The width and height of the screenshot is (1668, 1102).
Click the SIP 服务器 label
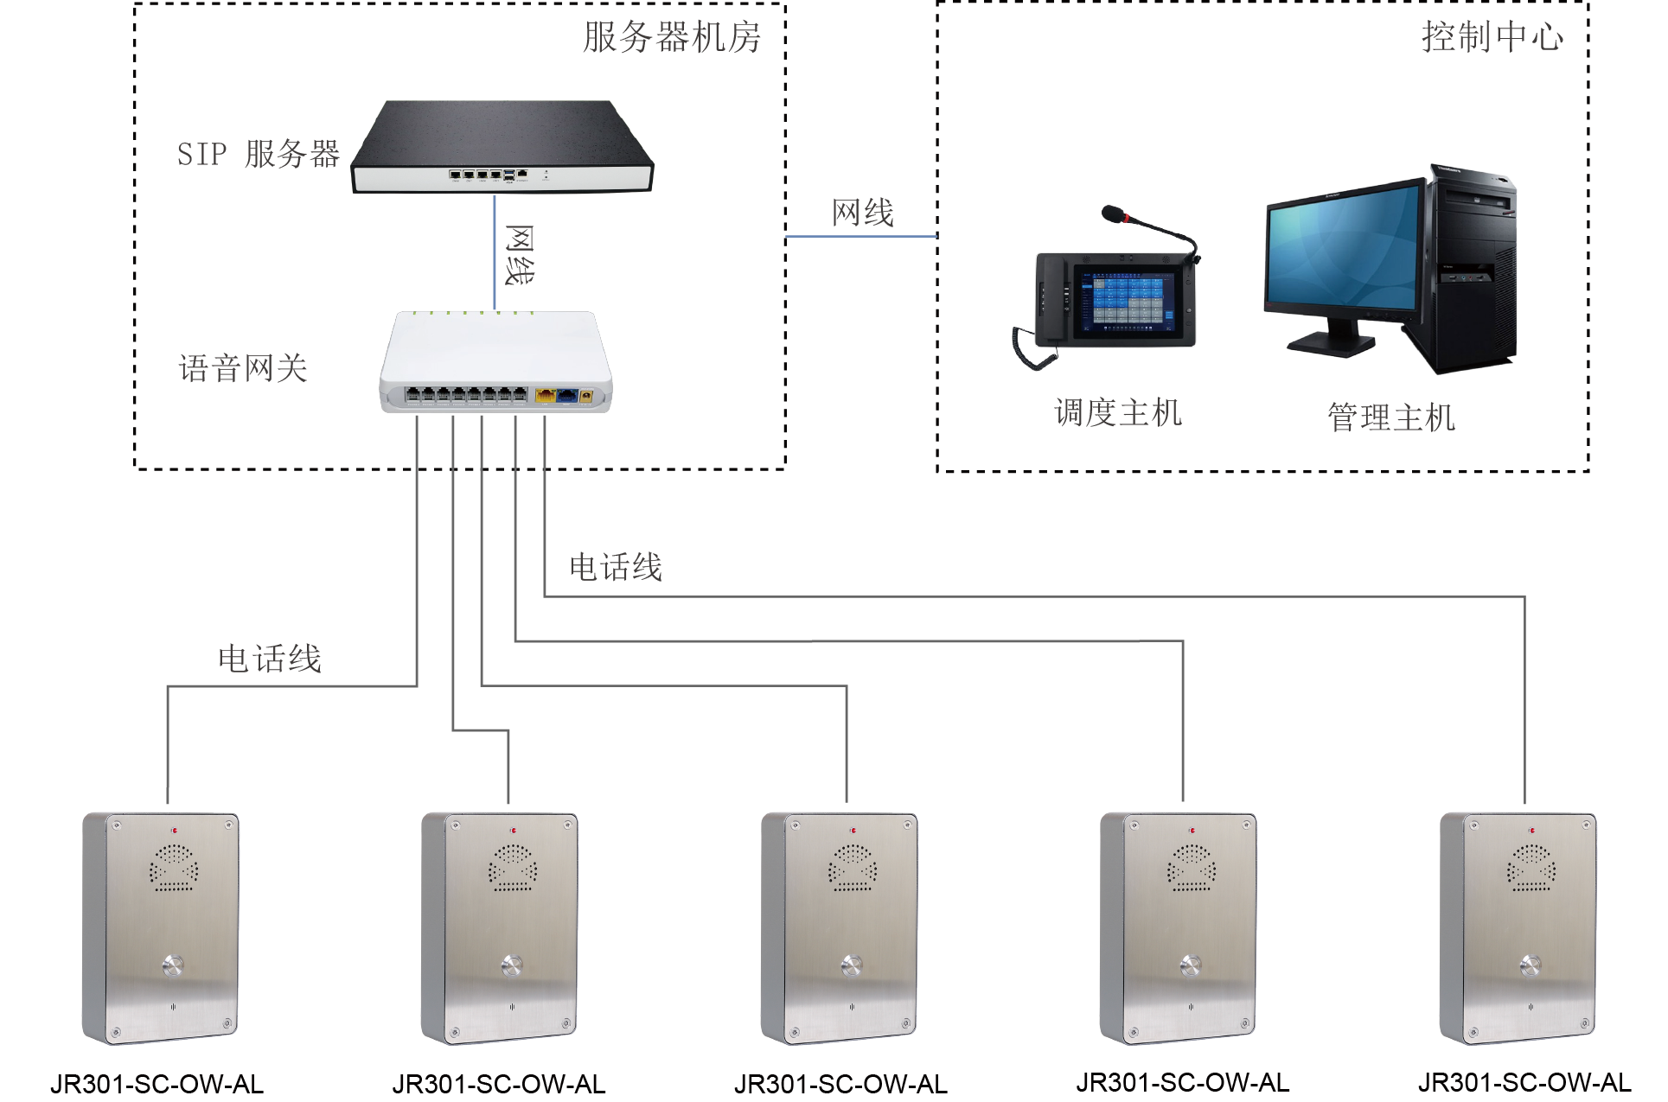pyautogui.click(x=258, y=154)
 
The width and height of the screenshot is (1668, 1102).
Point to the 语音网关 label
pyautogui.click(x=243, y=369)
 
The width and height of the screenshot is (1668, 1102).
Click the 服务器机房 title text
pyautogui.click(x=671, y=37)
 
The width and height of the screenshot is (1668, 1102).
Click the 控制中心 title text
pyautogui.click(x=1492, y=37)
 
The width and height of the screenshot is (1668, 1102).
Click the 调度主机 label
pyautogui.click(x=1117, y=413)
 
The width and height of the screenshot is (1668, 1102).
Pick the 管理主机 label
pyautogui.click(x=1390, y=417)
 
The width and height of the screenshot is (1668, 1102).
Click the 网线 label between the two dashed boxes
pyautogui.click(x=862, y=213)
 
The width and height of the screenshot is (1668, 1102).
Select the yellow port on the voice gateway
pyautogui.click(x=546, y=396)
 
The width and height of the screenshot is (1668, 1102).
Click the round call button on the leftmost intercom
pyautogui.click(x=173, y=965)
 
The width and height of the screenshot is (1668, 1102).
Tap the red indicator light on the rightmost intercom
pyautogui.click(x=1531, y=831)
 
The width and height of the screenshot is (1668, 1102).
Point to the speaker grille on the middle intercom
pyautogui.click(x=853, y=867)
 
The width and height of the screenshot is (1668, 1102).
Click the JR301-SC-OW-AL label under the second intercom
pyautogui.click(x=499, y=1084)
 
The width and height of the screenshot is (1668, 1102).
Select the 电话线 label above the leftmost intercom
pyautogui.click(x=270, y=659)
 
